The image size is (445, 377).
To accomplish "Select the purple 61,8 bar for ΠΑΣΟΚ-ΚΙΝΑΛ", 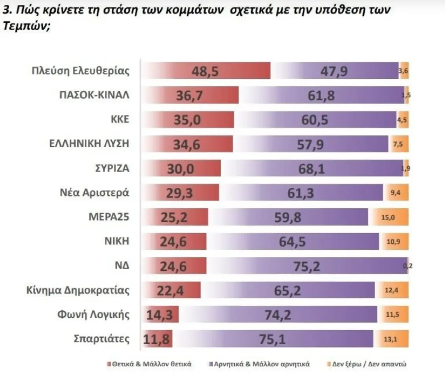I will tap(322, 95).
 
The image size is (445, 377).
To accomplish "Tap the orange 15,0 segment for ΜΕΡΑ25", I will tap(388, 217).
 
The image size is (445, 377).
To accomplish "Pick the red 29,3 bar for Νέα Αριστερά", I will tap(180, 193).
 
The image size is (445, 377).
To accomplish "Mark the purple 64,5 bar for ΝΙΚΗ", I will tap(293, 241).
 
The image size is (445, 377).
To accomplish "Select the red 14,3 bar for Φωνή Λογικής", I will tap(161, 315).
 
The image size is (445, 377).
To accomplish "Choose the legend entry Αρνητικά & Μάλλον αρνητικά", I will tap(259, 364).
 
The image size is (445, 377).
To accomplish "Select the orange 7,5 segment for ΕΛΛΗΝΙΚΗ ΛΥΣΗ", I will tap(398, 144).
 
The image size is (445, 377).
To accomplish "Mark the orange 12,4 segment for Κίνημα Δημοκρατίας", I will tap(392, 290).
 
